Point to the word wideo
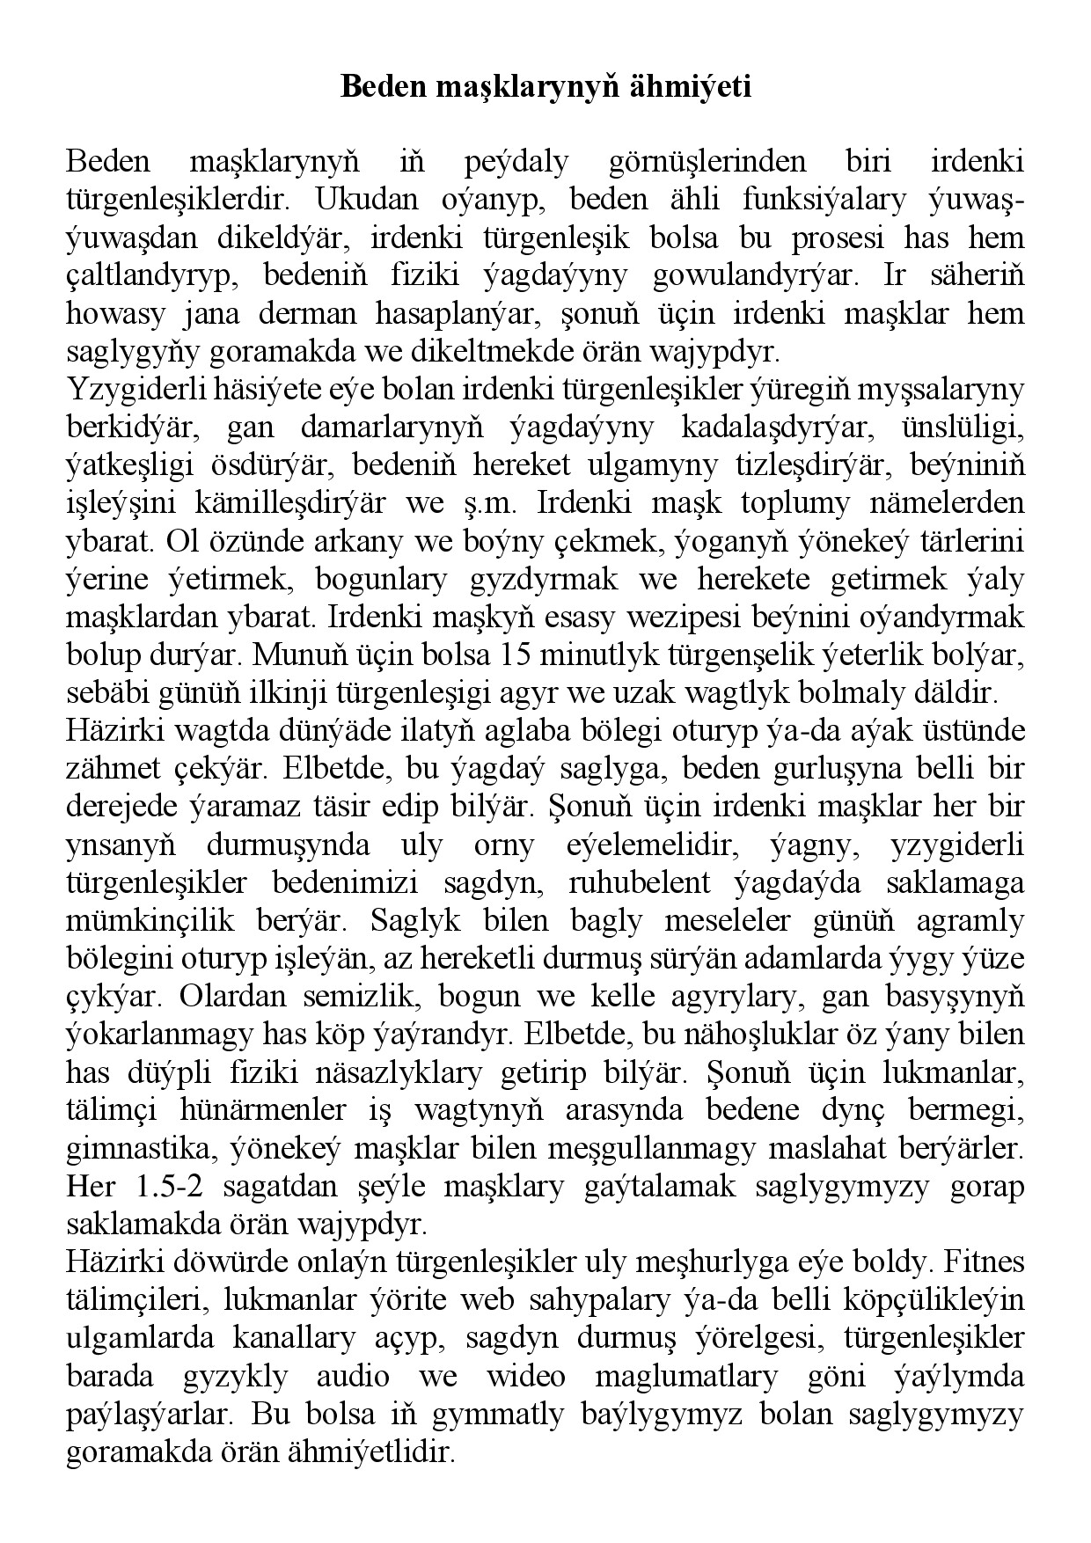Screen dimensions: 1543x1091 526,1376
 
